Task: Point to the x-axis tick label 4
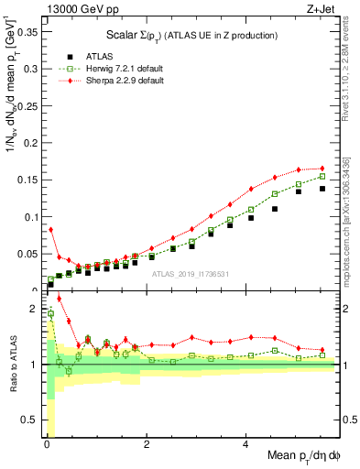(245, 445)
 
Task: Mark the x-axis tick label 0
(45, 445)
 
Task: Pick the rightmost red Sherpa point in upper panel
(322, 169)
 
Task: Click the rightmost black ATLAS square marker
(322, 189)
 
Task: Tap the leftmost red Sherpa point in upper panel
(50, 229)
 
